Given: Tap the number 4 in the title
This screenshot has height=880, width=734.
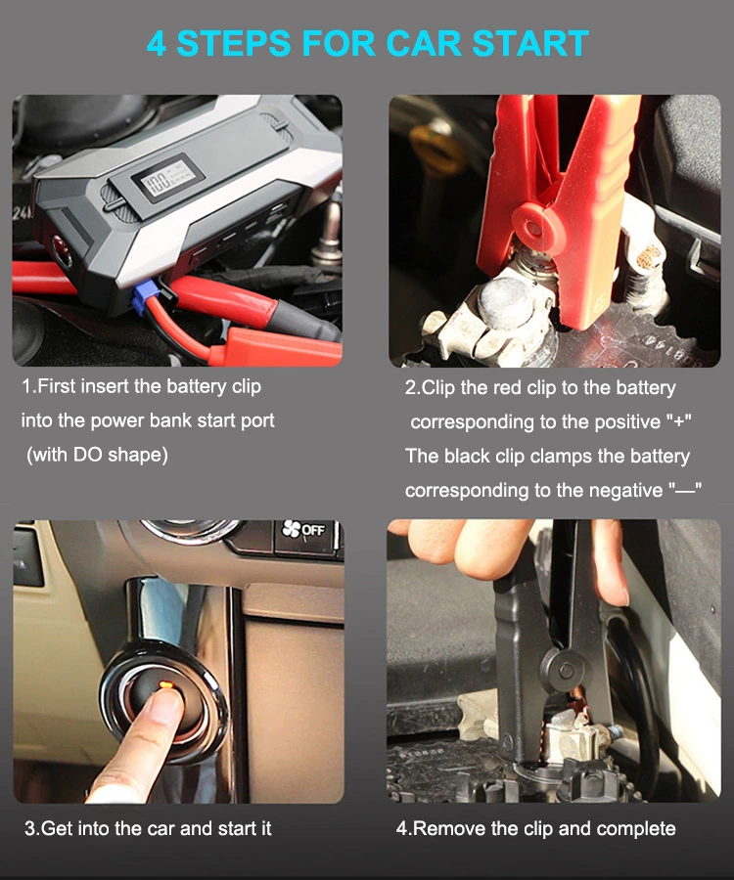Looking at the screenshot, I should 157,44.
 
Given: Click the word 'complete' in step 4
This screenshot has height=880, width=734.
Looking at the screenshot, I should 634,828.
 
